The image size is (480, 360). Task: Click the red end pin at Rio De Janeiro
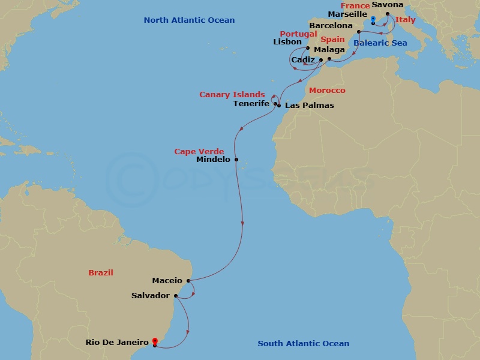[155, 341]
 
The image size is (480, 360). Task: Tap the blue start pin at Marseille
[373, 21]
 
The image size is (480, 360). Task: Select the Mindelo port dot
[236, 160]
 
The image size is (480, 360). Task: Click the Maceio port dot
[188, 280]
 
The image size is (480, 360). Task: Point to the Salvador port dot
[175, 295]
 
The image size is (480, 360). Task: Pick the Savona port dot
[387, 14]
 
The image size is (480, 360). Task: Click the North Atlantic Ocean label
[189, 20]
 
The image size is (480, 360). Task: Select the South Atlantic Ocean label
[303, 344]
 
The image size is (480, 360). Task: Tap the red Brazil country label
[101, 272]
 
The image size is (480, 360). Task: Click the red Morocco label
[327, 91]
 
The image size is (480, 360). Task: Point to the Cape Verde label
[199, 152]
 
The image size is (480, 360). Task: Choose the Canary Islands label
[232, 95]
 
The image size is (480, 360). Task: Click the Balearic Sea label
[380, 43]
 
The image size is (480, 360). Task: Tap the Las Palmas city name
[310, 106]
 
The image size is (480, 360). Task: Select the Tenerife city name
[251, 104]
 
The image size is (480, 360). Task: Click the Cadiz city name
[302, 60]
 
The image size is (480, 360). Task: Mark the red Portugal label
[298, 34]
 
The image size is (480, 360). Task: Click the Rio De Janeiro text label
[116, 343]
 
